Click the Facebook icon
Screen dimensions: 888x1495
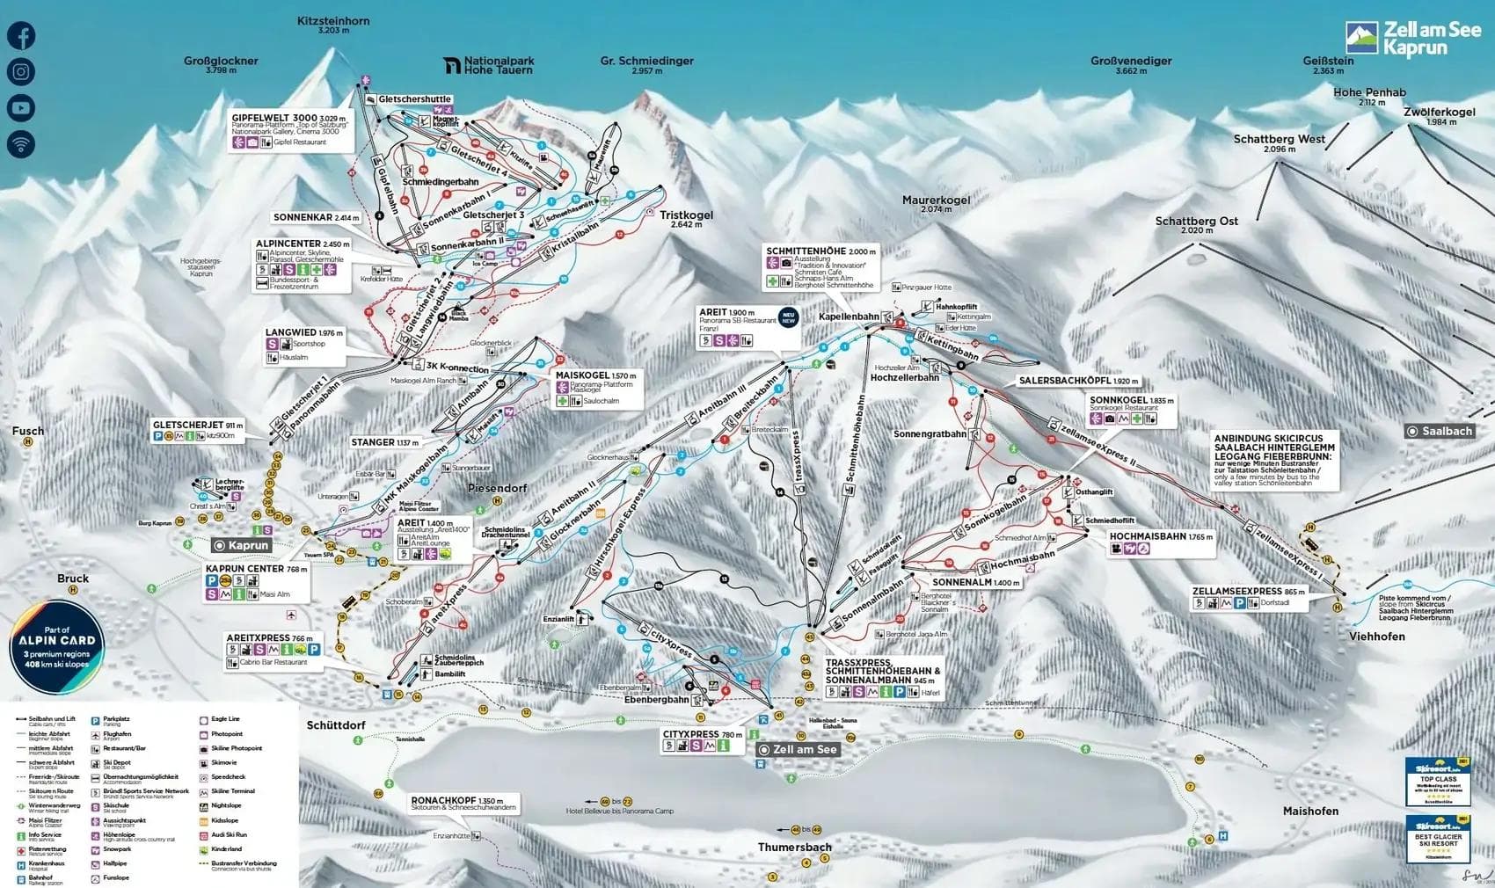(21, 36)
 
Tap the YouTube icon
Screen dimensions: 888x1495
(21, 108)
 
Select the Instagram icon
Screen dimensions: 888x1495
(21, 72)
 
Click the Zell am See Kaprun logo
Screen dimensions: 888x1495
(1413, 39)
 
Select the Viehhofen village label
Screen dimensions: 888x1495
(1376, 636)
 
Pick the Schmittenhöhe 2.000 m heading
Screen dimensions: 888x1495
(820, 251)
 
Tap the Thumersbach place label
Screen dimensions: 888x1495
(795, 848)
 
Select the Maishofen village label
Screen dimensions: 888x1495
(1310, 811)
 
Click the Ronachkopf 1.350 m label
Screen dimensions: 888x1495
(456, 801)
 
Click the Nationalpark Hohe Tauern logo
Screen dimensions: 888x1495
(489, 66)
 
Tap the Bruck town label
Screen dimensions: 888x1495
(73, 579)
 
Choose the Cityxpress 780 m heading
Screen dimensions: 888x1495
(703, 733)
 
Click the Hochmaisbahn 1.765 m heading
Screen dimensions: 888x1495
(1160, 535)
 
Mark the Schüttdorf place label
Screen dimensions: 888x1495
(336, 725)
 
